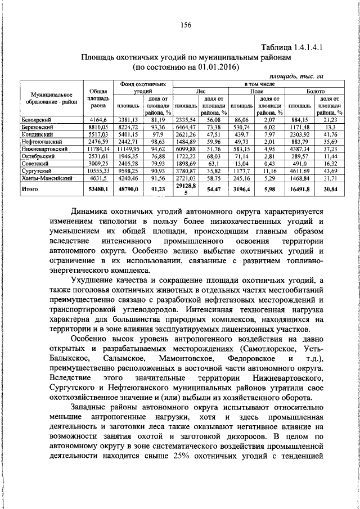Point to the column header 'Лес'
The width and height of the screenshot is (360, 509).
click(x=200, y=90)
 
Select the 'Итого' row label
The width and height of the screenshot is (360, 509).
click(x=29, y=190)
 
